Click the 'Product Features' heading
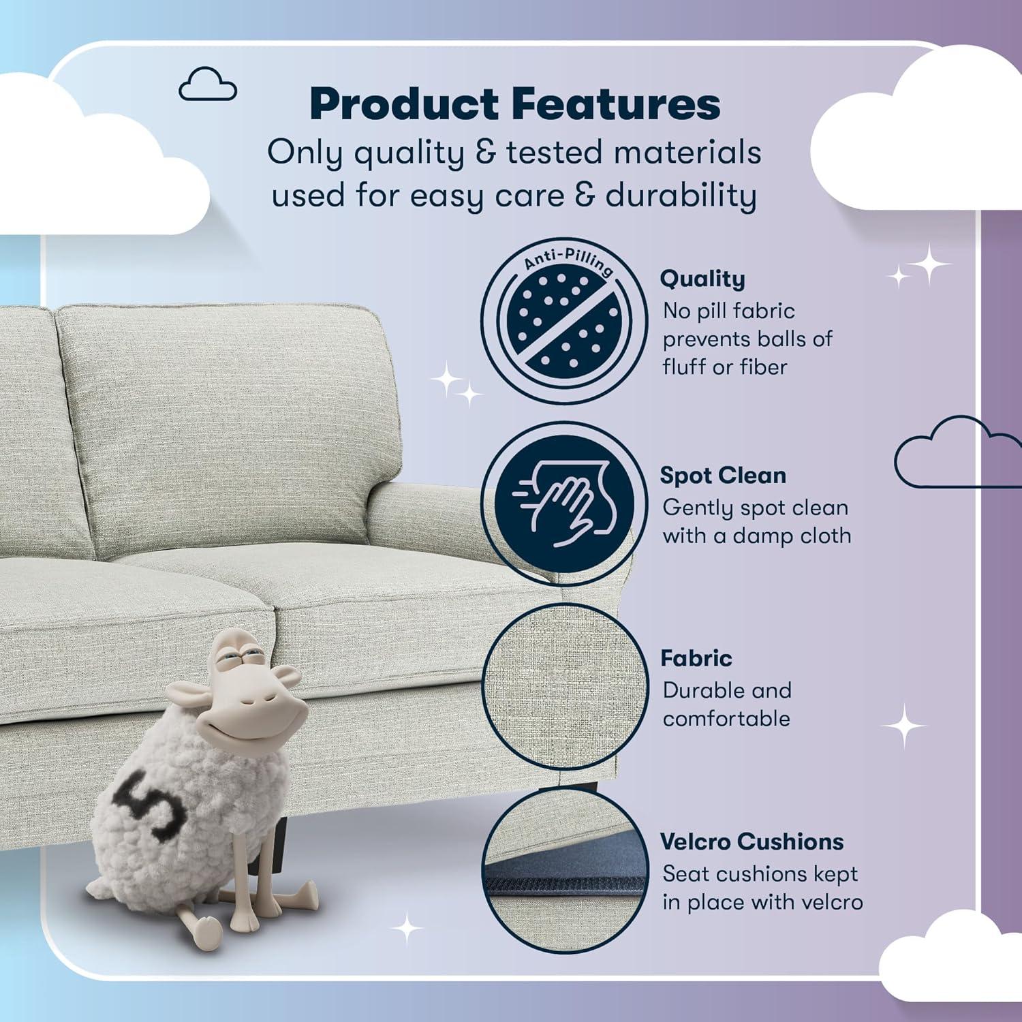pyautogui.click(x=514, y=104)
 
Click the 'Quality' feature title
pyautogui.click(x=702, y=279)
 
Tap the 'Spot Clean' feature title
pyautogui.click(x=722, y=475)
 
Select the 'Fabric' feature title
pyautogui.click(x=696, y=658)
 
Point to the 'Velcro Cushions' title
pyautogui.click(x=752, y=841)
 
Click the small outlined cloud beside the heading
pyautogui.click(x=207, y=86)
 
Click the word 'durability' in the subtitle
pyautogui.click(x=681, y=196)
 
